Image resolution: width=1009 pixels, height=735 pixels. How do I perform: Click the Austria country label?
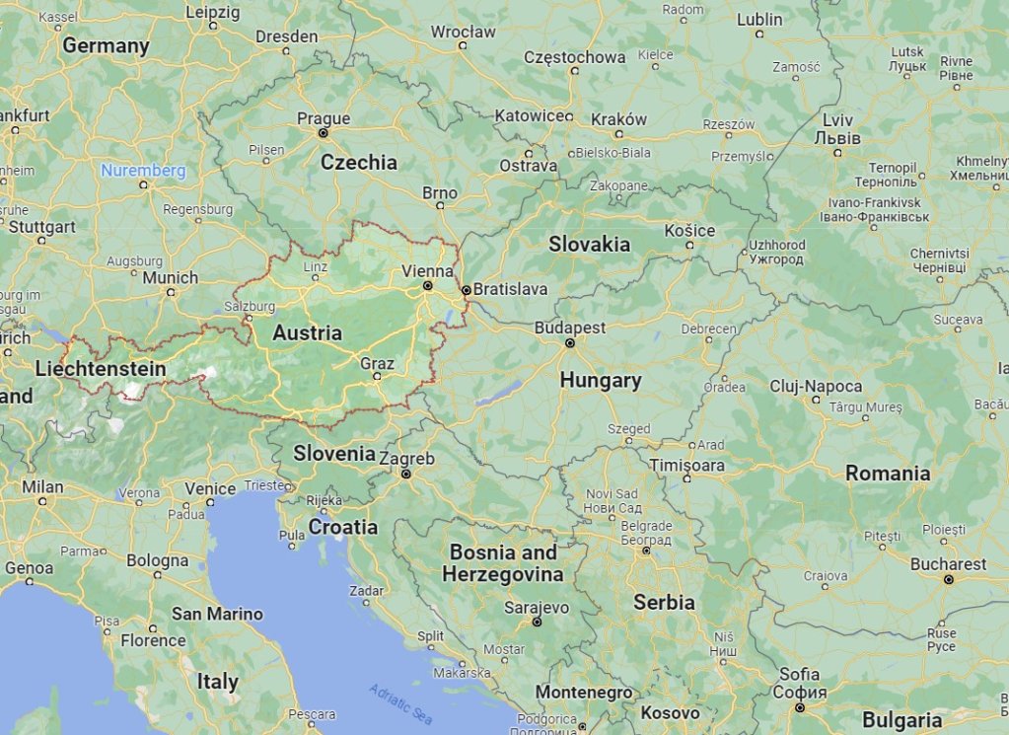(307, 333)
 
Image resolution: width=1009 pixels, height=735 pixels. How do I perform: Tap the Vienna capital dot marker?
(428, 286)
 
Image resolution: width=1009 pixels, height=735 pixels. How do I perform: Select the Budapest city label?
(570, 327)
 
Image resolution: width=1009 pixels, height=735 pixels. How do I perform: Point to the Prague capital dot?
(323, 132)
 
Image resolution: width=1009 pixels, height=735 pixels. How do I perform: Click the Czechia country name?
(358, 163)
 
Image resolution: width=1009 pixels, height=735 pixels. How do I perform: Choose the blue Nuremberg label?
(143, 171)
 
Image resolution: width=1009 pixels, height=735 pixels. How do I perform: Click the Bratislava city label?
(510, 289)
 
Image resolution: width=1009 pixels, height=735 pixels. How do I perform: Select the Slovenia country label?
(334, 454)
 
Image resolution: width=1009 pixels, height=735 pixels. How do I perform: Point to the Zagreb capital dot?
(406, 475)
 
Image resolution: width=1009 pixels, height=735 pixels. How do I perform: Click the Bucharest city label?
(949, 564)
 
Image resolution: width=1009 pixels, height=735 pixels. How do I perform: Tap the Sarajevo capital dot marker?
(538, 623)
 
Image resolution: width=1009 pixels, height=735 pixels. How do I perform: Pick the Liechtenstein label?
(100, 369)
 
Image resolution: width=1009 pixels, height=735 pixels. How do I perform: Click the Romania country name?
(888, 474)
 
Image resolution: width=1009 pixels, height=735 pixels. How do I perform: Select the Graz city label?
(377, 363)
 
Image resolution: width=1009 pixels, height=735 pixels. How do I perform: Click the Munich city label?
(170, 278)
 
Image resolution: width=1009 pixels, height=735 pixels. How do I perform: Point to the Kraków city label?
(618, 119)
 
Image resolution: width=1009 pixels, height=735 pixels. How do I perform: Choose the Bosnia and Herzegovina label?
(502, 563)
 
